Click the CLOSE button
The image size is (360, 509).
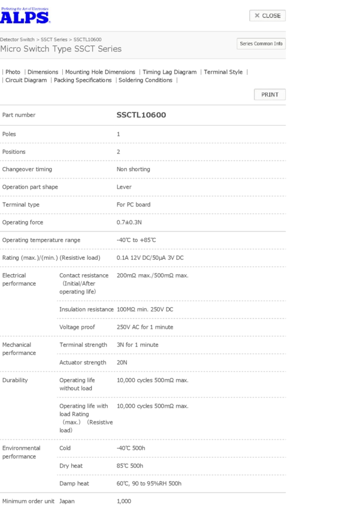click(x=267, y=16)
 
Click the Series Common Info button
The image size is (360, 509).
click(x=261, y=44)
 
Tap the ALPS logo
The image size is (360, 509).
click(x=25, y=16)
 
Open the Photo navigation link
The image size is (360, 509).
click(x=13, y=72)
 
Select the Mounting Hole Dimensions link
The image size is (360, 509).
click(x=100, y=72)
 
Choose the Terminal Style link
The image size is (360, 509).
click(x=223, y=72)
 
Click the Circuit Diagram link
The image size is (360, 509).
click(x=26, y=80)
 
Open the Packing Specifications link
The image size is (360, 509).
click(x=83, y=80)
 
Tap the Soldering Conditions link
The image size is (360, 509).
click(x=145, y=80)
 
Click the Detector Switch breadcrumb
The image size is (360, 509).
click(x=17, y=39)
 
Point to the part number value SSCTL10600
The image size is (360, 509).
click(x=141, y=114)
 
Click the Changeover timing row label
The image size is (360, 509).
click(x=27, y=169)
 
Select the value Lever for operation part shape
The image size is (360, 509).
click(x=124, y=187)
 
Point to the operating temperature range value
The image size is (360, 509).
click(x=136, y=240)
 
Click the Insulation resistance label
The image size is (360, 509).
click(x=86, y=310)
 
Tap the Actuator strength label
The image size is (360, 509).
click(x=83, y=362)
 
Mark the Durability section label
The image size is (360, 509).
click(x=15, y=380)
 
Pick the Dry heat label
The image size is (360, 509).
click(x=71, y=465)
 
